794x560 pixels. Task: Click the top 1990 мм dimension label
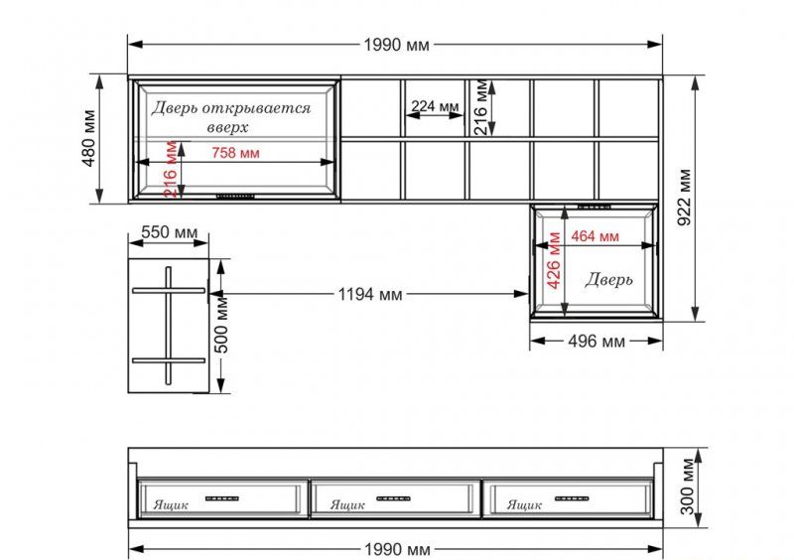[x=396, y=45]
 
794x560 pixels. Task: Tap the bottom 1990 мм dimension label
[x=398, y=549]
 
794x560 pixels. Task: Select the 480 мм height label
[x=89, y=138]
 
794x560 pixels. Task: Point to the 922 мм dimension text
[x=684, y=198]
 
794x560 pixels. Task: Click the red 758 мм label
[x=235, y=153]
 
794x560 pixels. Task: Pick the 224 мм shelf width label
[x=435, y=106]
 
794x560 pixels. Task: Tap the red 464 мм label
[x=595, y=236]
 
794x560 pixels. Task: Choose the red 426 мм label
[x=554, y=260]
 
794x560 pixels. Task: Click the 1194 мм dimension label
[x=370, y=294]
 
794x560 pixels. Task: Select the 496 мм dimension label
[x=596, y=342]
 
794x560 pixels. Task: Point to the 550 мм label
[x=169, y=232]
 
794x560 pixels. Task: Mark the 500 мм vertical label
[x=221, y=325]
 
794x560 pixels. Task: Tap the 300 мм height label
[x=687, y=487]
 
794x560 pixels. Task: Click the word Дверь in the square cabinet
[x=609, y=279]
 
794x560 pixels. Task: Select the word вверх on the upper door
[x=228, y=127]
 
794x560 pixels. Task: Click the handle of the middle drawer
[x=393, y=498]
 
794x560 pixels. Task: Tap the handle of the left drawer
[x=221, y=498]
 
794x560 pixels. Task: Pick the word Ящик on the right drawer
[x=524, y=504]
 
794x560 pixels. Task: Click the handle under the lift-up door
[x=235, y=196]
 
